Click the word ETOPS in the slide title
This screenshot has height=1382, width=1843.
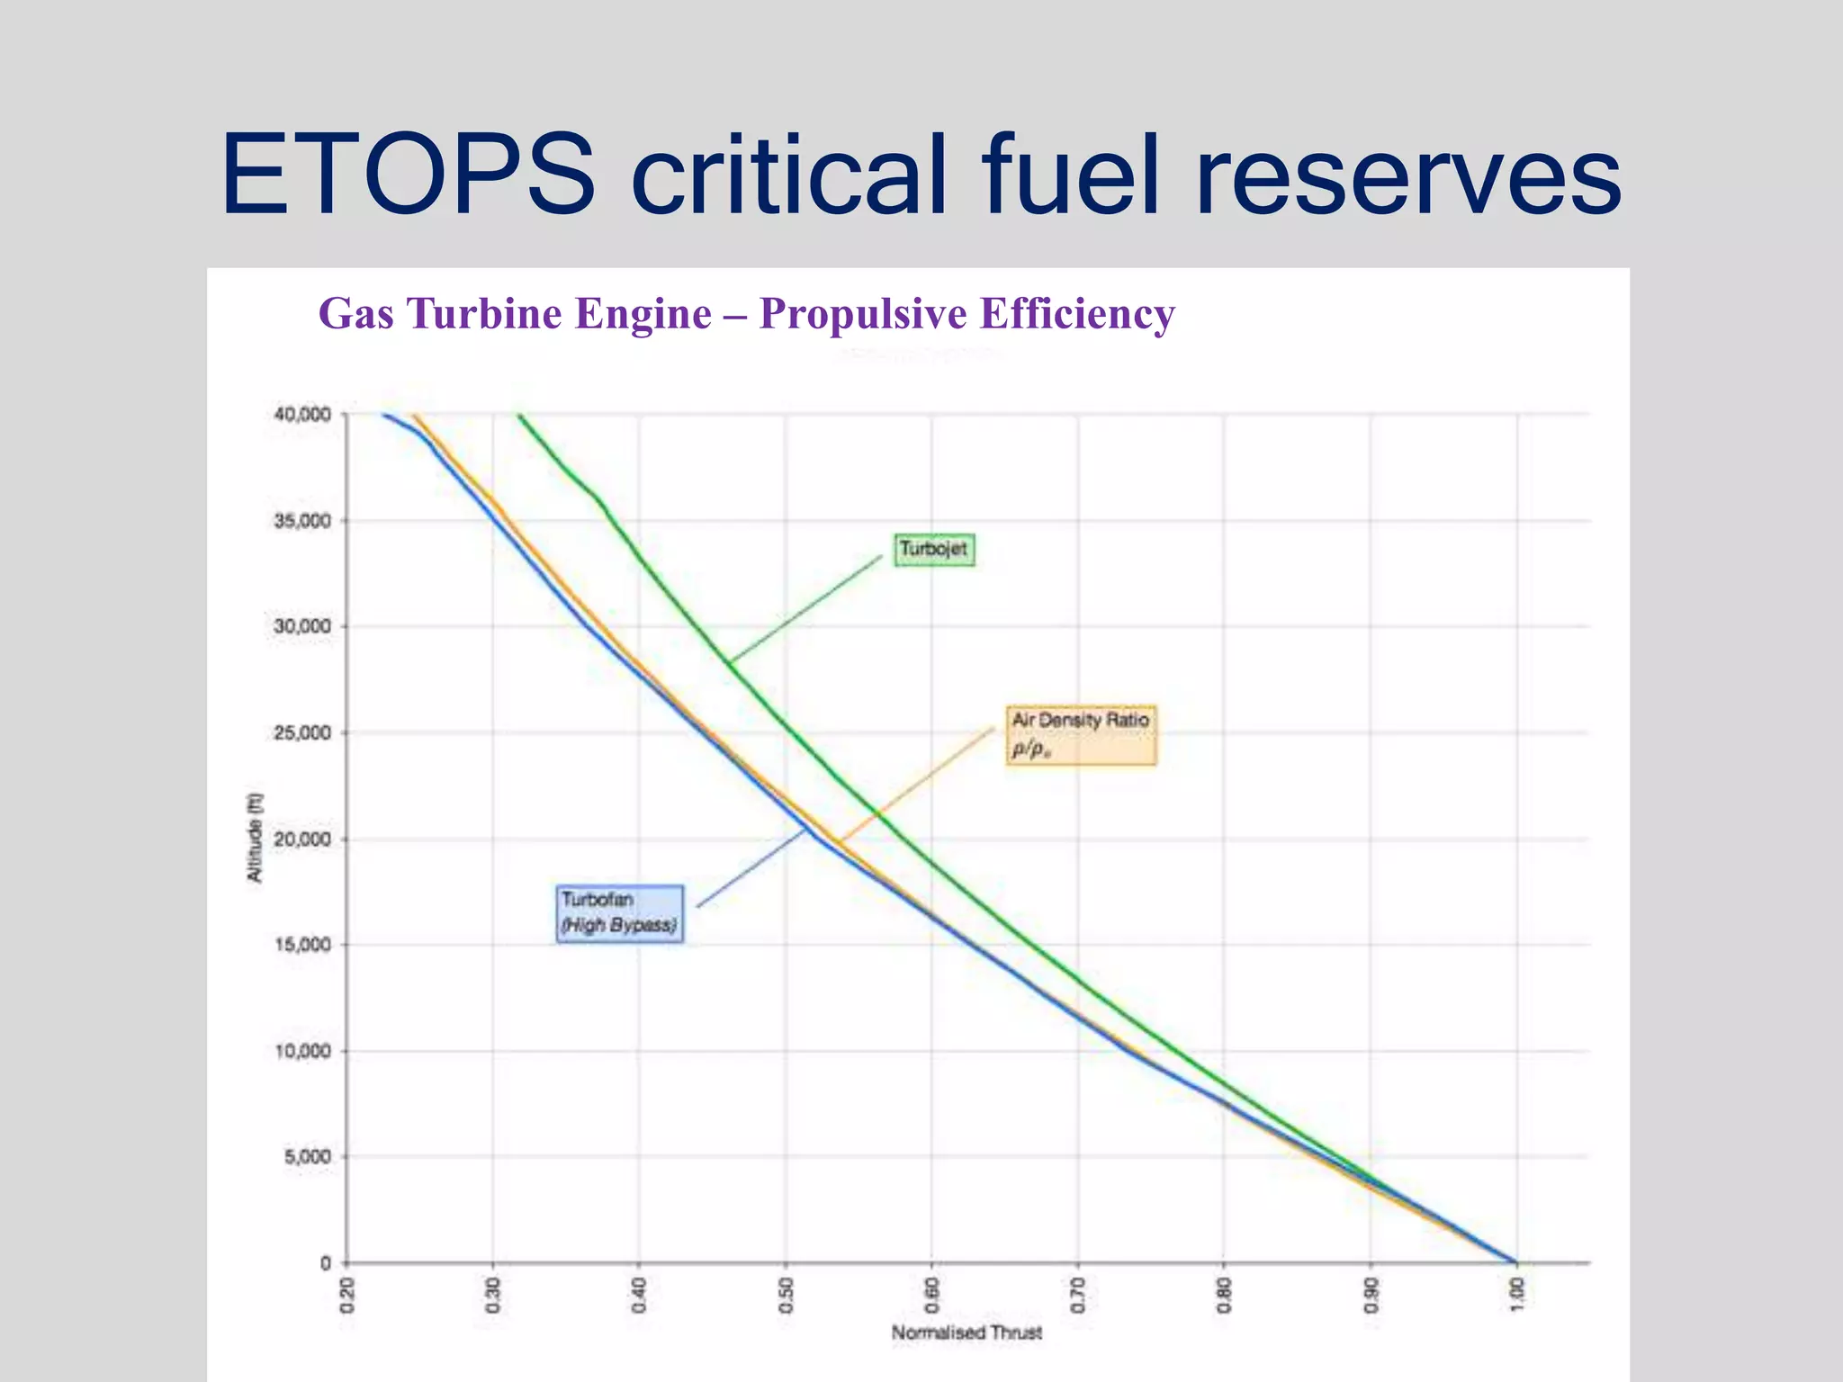pos(407,175)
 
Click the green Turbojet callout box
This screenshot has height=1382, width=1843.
pos(933,549)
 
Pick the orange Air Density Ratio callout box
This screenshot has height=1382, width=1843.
pos(1080,735)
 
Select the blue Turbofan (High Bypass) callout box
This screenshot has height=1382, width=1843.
pos(619,913)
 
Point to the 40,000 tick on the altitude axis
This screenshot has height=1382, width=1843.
pos(302,415)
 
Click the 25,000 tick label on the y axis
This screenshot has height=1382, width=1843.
pos(302,733)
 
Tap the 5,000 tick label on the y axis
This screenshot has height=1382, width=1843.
pos(308,1157)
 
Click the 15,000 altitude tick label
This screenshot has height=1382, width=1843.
pos(302,945)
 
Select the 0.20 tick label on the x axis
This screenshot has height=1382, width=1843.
pos(347,1295)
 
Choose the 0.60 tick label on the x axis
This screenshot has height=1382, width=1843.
pos(932,1295)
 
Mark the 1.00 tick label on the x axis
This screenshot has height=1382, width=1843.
pos(1517,1295)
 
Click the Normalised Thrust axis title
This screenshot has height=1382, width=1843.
pos(966,1333)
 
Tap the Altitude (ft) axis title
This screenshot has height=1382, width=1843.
pos(255,838)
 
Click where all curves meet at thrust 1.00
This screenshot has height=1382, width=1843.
pos(1515,1261)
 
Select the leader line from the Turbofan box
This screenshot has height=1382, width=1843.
pos(751,868)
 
